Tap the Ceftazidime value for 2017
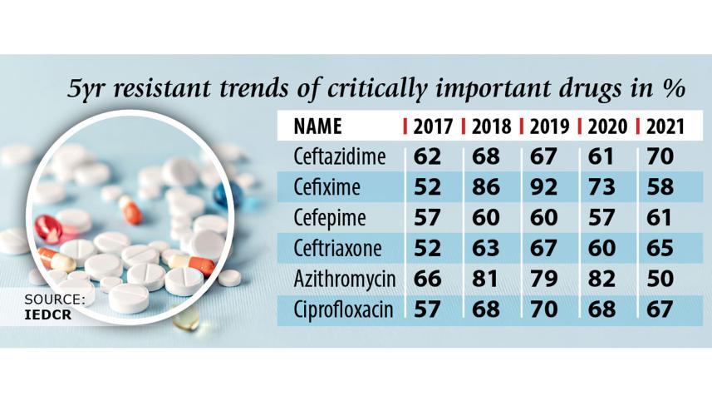point(428,156)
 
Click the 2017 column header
point(433,126)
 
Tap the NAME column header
point(317,126)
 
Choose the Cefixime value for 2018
point(486,186)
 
